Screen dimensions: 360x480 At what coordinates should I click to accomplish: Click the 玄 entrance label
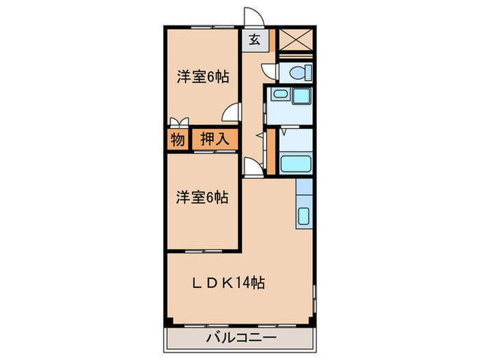[x=254, y=40]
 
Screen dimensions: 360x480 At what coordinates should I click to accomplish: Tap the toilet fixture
[x=298, y=71]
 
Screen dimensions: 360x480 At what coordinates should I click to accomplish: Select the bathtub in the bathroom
[x=296, y=165]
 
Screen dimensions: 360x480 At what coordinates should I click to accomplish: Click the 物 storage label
[x=176, y=139]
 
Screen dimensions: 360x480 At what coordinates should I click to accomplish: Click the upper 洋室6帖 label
[x=202, y=77]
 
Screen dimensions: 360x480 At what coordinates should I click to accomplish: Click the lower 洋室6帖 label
[x=202, y=197]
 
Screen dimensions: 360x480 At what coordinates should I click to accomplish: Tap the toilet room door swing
[x=269, y=72]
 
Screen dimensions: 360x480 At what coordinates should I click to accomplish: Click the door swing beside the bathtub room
[x=253, y=165]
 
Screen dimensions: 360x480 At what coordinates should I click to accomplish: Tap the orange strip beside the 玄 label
[x=272, y=40]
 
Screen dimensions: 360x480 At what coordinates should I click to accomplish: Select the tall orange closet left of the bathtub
[x=272, y=151]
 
